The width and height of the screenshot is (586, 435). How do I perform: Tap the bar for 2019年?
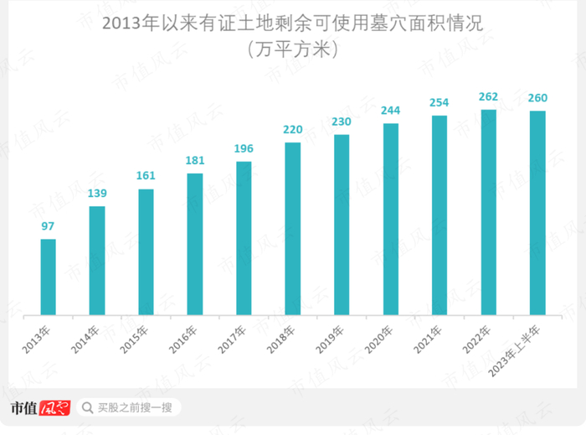click(x=342, y=224)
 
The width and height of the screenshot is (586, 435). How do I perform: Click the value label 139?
click(x=97, y=194)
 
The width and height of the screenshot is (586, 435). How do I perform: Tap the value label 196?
click(x=244, y=149)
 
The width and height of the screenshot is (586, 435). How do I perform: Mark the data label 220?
click(x=292, y=130)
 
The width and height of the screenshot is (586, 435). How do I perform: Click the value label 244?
click(x=390, y=111)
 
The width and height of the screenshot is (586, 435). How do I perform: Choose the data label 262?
click(x=488, y=97)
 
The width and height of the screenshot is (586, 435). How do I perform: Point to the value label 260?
click(x=537, y=99)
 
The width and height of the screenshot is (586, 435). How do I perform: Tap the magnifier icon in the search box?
click(x=86, y=408)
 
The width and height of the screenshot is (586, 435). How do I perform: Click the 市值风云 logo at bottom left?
click(x=40, y=408)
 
